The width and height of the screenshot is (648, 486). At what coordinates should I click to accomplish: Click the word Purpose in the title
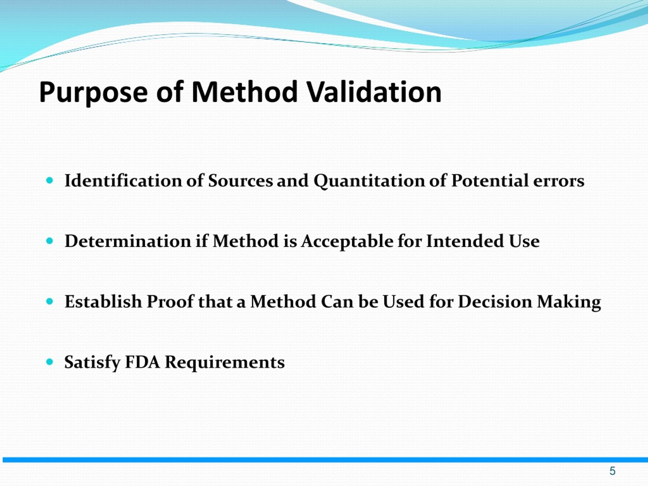coord(93,93)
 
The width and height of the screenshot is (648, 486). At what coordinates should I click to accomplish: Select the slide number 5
coord(612,471)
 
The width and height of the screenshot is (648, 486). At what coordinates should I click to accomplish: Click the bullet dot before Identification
coord(50,180)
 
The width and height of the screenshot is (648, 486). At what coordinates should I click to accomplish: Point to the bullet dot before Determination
coord(50,241)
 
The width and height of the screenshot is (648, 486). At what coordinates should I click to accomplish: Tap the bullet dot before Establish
coord(50,301)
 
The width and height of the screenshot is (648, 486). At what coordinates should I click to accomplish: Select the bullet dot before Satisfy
coord(50,362)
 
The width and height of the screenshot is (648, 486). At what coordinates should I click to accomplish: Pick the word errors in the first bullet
coord(558,181)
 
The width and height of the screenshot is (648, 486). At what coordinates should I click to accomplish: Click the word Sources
coord(240,180)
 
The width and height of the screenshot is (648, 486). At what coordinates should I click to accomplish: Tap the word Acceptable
coord(347,242)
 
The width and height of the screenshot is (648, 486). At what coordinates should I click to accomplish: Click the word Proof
coord(170,301)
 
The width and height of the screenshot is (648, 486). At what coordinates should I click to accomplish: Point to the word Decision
coord(495,301)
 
